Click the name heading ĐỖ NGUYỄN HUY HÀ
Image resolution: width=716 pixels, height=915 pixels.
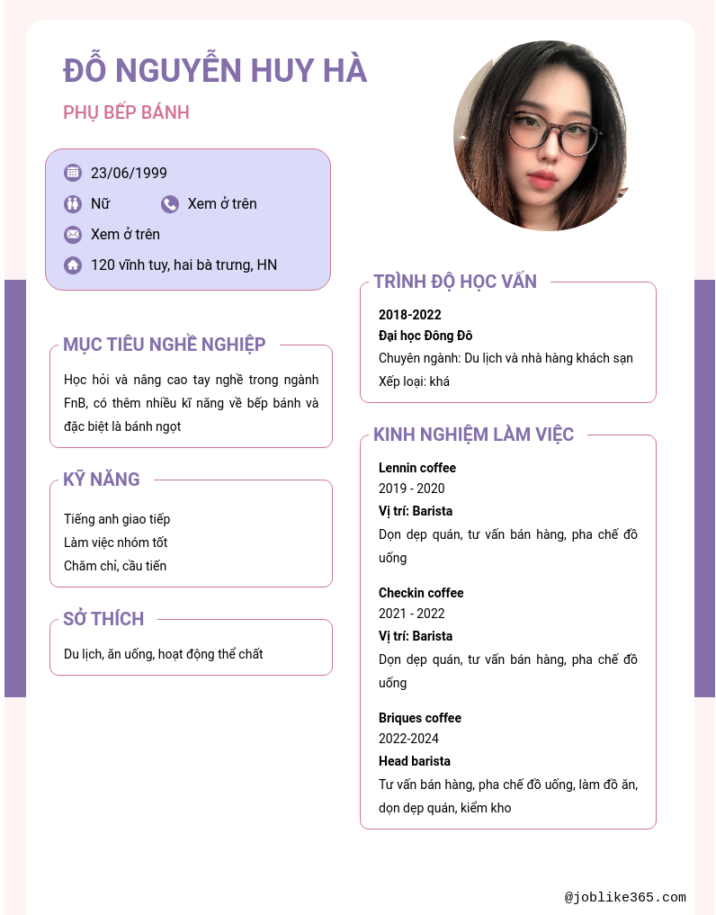pos(215,70)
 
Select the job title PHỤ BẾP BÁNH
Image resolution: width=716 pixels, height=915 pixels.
pos(126,112)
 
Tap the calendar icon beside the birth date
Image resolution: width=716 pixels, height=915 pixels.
pos(73,173)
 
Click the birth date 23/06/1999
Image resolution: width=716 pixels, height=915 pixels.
pos(129,173)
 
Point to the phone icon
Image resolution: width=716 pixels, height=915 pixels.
pos(170,204)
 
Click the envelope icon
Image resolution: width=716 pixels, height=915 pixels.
pos(73,235)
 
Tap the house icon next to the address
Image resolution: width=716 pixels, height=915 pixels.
pos(73,265)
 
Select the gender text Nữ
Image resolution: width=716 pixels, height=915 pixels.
pos(100,204)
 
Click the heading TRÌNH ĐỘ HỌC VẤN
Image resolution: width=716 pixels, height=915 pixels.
pos(455,282)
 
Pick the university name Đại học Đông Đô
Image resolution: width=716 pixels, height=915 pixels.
pos(425,336)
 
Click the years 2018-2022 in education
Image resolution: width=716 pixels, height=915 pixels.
pos(410,315)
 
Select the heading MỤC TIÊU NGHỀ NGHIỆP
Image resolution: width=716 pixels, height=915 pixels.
pos(165,345)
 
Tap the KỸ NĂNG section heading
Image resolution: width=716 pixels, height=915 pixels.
pos(102,480)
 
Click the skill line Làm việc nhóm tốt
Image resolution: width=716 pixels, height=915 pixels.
pos(115,543)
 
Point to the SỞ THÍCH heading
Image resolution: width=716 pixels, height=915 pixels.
pos(103,619)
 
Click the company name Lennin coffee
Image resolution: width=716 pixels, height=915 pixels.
pos(417,468)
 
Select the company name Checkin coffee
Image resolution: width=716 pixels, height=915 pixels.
pos(421,593)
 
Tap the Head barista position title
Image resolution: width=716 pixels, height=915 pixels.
pos(415,761)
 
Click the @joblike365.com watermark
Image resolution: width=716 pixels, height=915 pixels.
pos(625,897)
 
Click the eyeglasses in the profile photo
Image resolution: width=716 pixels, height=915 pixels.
pos(551,131)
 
